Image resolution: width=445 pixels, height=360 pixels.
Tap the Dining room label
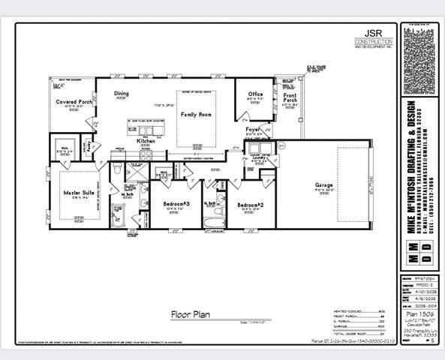(122, 94)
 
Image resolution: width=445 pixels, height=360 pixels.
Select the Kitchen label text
(146, 140)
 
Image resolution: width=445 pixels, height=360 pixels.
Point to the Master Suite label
(77, 192)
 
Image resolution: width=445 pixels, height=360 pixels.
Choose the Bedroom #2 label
(251, 204)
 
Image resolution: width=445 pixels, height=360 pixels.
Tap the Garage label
(324, 185)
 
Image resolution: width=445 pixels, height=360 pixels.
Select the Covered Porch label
(74, 101)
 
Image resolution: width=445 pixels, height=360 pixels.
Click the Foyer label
(253, 130)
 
